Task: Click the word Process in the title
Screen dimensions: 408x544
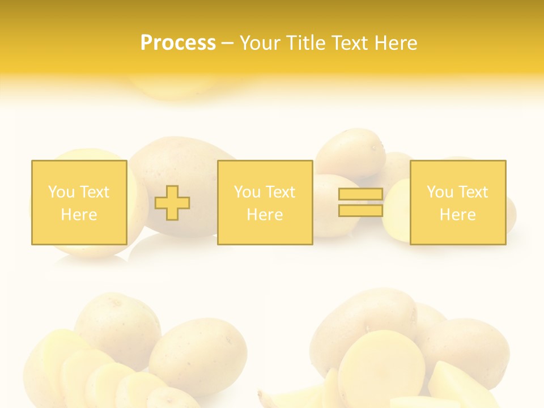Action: pyautogui.click(x=178, y=43)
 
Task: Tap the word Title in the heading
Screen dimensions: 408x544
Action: pyautogui.click(x=307, y=43)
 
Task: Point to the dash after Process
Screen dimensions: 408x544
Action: pyautogui.click(x=228, y=44)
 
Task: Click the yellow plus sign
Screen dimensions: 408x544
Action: pyautogui.click(x=172, y=203)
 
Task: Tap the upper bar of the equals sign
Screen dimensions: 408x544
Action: pyautogui.click(x=360, y=194)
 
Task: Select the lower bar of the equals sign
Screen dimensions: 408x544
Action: pyautogui.click(x=360, y=210)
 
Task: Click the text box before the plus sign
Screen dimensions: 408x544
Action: pyautogui.click(x=79, y=202)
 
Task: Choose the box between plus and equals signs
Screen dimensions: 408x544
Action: pyautogui.click(x=265, y=202)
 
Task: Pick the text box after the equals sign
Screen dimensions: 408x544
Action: pyautogui.click(x=457, y=202)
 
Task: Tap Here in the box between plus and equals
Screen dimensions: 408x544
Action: pyautogui.click(x=265, y=215)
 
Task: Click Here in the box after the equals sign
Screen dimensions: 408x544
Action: pyautogui.click(x=457, y=215)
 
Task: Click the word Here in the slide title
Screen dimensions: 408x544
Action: pyautogui.click(x=396, y=43)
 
